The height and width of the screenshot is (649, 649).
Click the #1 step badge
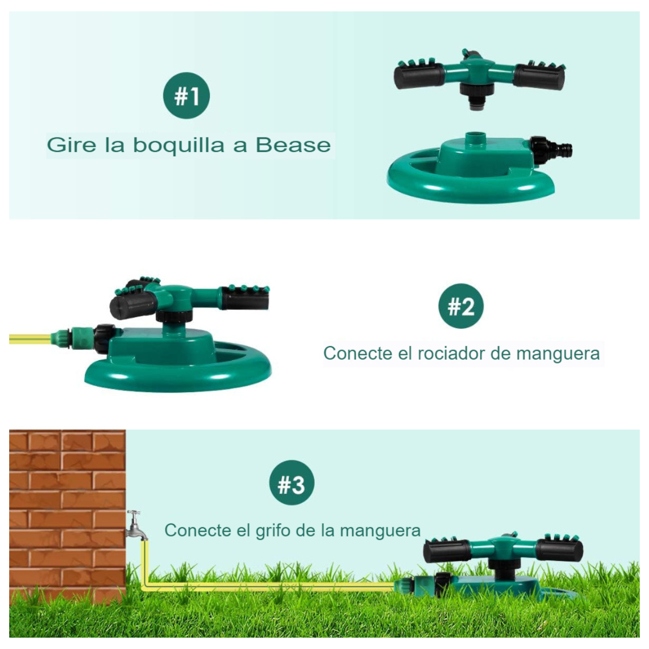pyautogui.click(x=186, y=95)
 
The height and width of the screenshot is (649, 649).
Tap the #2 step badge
pyautogui.click(x=461, y=306)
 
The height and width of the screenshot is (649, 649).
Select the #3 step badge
pyautogui.click(x=292, y=482)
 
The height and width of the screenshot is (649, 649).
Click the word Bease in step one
pyautogui.click(x=293, y=145)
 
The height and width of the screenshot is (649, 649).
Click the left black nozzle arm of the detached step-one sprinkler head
pyautogui.click(x=419, y=76)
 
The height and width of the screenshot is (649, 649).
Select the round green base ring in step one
pyautogui.click(x=471, y=182)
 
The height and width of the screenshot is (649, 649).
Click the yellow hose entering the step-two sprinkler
pyautogui.click(x=30, y=339)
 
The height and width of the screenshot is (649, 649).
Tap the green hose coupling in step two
pyautogui.click(x=72, y=339)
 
